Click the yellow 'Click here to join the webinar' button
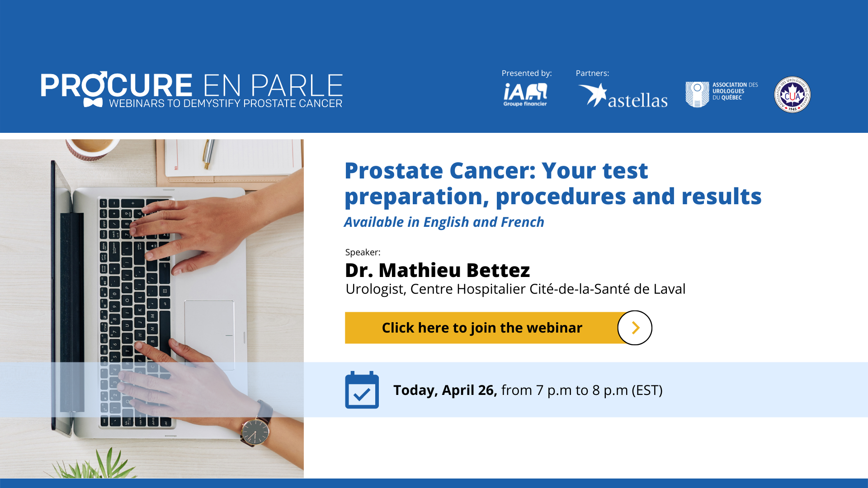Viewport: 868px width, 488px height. tap(482, 328)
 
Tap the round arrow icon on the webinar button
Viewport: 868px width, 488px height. tap(635, 328)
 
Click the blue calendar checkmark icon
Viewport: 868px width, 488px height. tap(362, 390)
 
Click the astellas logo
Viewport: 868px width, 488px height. tap(623, 96)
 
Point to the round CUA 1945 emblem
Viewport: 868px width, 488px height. tap(792, 94)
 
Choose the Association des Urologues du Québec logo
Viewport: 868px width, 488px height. tap(722, 94)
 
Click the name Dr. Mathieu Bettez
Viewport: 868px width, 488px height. tap(437, 270)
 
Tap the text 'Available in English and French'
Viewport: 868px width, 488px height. tap(444, 222)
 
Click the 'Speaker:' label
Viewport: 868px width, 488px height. tap(363, 252)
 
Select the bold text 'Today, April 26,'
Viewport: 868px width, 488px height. tap(445, 390)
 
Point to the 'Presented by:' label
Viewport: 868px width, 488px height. tap(527, 73)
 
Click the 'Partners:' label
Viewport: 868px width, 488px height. tap(592, 73)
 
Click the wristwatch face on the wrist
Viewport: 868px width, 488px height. tap(255, 432)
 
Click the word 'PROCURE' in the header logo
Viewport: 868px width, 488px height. tap(117, 85)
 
